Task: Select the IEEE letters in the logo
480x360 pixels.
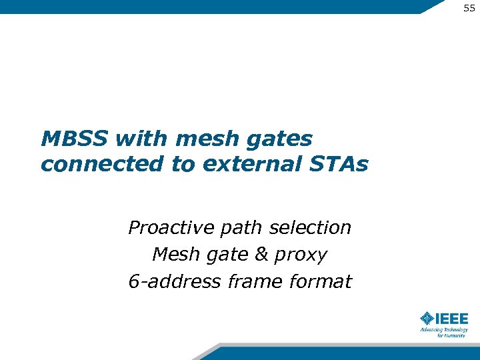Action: point(452,318)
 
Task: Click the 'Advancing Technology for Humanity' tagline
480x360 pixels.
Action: point(444,332)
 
